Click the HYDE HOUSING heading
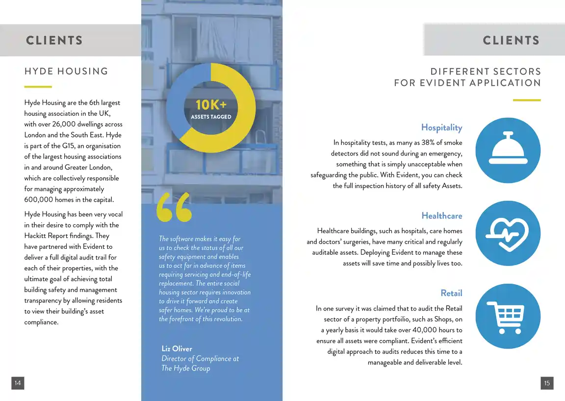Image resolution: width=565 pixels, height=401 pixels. coord(66,71)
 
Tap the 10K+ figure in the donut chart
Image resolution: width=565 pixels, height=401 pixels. coord(211,105)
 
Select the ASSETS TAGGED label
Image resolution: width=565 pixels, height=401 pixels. coord(211,117)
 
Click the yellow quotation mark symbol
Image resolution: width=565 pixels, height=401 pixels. coord(174,207)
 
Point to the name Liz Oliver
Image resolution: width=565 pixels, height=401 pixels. coord(177,348)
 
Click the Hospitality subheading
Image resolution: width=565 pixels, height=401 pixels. coord(441,128)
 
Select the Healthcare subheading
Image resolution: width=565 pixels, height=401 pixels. coord(441,216)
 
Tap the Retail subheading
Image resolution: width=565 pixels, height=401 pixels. coord(451,293)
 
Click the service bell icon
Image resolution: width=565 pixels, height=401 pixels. coord(508,150)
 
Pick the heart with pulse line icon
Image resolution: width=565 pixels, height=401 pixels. coord(508,233)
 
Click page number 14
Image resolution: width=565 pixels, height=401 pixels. coord(18,383)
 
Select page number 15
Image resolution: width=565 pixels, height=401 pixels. coord(547,383)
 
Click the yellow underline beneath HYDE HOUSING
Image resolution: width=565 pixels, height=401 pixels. coord(38,87)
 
